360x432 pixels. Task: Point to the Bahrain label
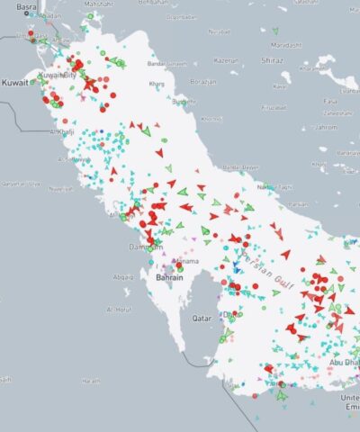point(170,278)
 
